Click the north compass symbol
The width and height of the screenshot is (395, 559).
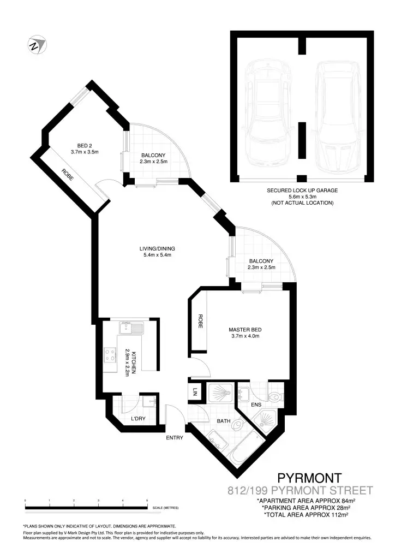click(x=37, y=45)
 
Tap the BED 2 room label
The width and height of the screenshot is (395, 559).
click(x=84, y=145)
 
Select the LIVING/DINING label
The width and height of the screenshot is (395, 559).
click(x=157, y=249)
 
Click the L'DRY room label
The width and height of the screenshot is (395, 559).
click(x=138, y=419)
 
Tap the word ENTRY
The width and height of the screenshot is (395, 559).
click(x=175, y=437)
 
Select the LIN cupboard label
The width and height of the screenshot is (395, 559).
click(x=195, y=391)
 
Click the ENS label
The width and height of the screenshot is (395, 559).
click(x=256, y=405)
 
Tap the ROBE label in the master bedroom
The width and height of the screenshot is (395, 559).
click(x=200, y=321)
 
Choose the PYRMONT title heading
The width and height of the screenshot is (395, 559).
click(x=309, y=478)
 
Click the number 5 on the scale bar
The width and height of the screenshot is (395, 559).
click(x=147, y=500)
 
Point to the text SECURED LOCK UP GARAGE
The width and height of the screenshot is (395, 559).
click(x=302, y=191)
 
